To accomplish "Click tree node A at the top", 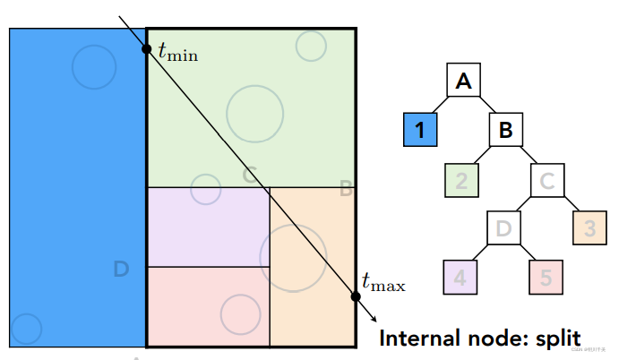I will [x=463, y=81].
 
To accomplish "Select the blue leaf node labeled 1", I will [x=420, y=130].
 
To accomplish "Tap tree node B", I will [x=505, y=130].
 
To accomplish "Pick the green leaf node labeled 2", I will [x=461, y=181].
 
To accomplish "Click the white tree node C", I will [x=547, y=181].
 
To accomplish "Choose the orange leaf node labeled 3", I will [x=589, y=227].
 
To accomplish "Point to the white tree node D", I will [x=503, y=227].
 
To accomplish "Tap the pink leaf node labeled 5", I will [x=546, y=277].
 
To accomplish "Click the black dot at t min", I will [x=146, y=47].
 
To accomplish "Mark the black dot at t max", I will [x=357, y=296].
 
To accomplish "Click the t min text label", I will [x=177, y=53].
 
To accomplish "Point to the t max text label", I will [x=383, y=284].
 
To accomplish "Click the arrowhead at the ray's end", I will [x=372, y=317].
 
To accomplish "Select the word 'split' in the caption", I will [x=554, y=339].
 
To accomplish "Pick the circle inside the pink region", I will [x=240, y=313].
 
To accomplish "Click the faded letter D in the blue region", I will [x=123, y=268].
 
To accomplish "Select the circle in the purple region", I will [x=206, y=189].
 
